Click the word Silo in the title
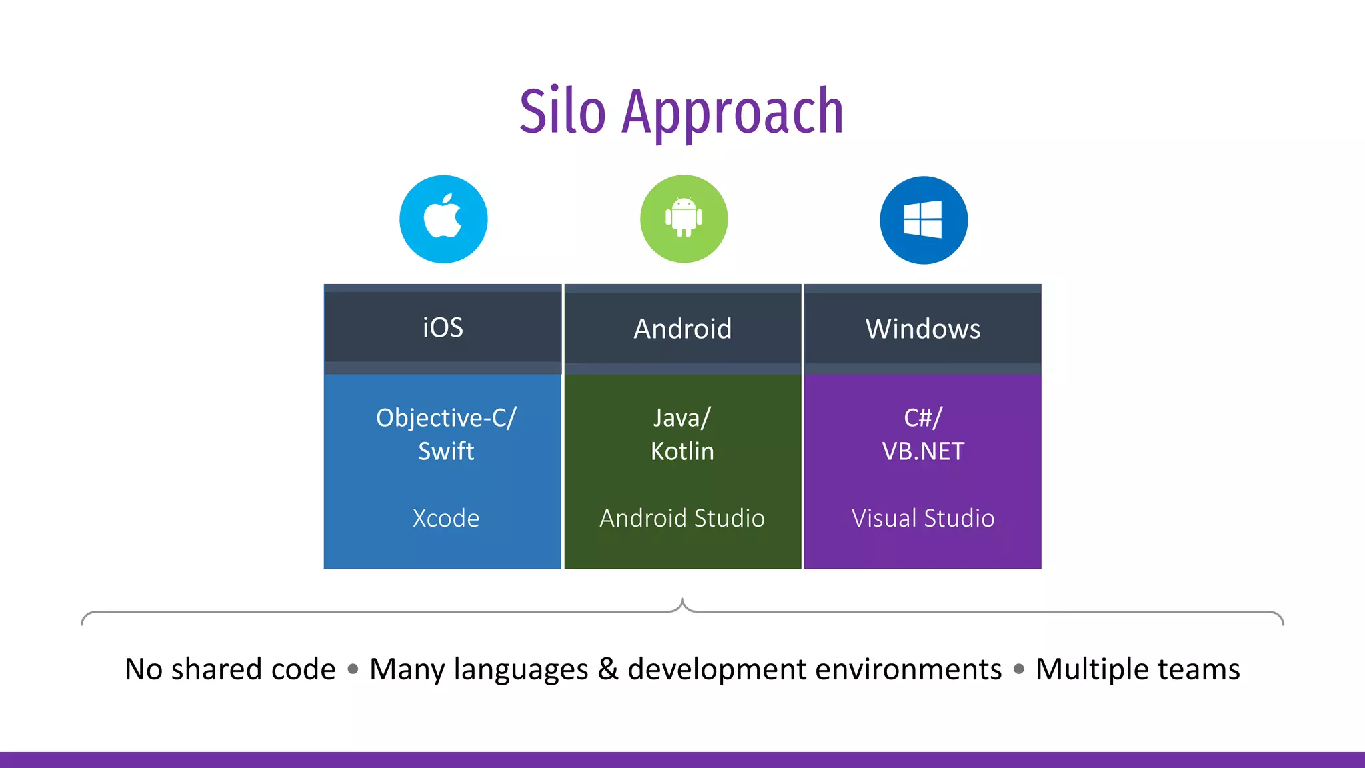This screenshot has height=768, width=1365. [x=562, y=111]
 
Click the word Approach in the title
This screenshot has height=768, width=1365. [x=732, y=113]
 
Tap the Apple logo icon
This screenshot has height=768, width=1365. [x=443, y=219]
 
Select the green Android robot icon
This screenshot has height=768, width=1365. [x=684, y=219]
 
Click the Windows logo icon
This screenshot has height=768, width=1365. [x=923, y=219]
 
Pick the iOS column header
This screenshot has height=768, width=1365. [x=443, y=328]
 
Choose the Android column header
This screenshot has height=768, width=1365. [x=682, y=329]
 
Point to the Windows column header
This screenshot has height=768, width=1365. [x=922, y=329]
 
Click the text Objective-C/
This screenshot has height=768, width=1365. [x=445, y=418]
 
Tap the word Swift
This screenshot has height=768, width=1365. [x=445, y=451]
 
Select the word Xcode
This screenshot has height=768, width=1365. [x=445, y=518]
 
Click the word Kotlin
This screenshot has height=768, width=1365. [x=682, y=451]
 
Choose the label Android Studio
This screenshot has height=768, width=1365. [x=682, y=518]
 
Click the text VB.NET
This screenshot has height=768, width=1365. [x=922, y=451]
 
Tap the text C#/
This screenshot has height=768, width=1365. [x=922, y=418]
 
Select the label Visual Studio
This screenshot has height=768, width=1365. [x=922, y=518]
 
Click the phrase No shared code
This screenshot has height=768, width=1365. [x=230, y=669]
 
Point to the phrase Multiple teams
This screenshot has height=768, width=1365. [x=1137, y=669]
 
